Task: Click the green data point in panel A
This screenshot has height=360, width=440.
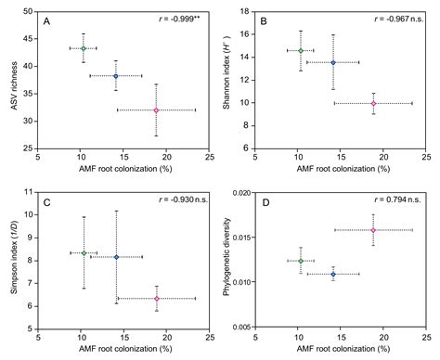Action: (x=84, y=48)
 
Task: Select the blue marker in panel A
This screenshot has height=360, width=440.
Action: (x=116, y=76)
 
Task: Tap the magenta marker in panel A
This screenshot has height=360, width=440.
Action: (x=156, y=110)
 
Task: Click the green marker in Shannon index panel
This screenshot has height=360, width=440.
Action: (x=300, y=50)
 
